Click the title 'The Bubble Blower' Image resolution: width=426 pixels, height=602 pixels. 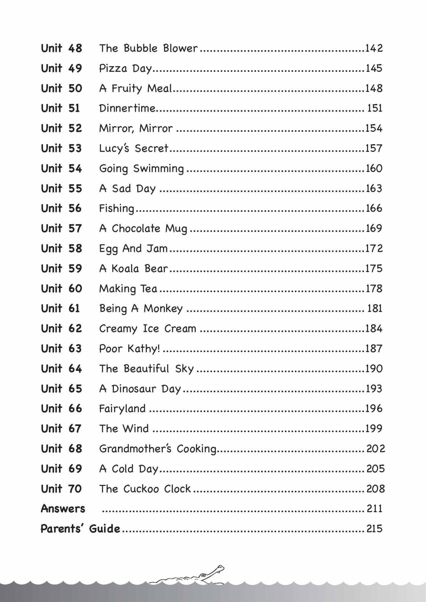click(x=148, y=48)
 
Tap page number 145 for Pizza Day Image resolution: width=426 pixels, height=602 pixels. click(x=373, y=68)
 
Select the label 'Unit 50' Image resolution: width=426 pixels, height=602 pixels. click(x=62, y=88)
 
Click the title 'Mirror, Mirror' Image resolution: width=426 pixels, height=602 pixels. click(x=136, y=129)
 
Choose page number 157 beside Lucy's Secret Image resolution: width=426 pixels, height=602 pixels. click(x=373, y=148)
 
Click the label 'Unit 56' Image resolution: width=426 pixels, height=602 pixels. click(x=62, y=208)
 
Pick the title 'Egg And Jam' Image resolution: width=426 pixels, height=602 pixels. click(x=133, y=248)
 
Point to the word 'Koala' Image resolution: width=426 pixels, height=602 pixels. click(x=125, y=268)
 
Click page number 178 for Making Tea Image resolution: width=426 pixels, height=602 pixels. click(x=373, y=288)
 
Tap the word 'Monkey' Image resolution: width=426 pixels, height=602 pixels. click(x=163, y=309)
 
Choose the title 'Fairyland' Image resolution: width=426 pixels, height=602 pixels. click(x=122, y=409)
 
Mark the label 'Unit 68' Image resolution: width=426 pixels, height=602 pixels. click(x=62, y=448)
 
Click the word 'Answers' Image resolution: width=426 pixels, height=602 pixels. click(x=63, y=508)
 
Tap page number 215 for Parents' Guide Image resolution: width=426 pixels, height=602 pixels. click(x=374, y=528)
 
